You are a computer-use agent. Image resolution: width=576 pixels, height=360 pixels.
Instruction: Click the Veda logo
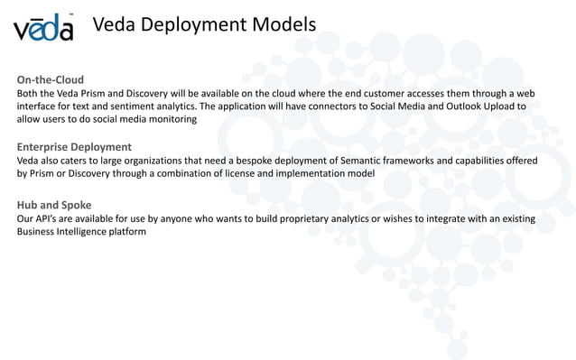(43, 28)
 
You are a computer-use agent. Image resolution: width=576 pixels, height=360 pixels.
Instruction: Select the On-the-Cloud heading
(51, 79)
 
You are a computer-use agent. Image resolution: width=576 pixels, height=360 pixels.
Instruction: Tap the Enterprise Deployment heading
(74, 146)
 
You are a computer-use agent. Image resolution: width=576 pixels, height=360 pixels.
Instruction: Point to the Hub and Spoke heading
(54, 205)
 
